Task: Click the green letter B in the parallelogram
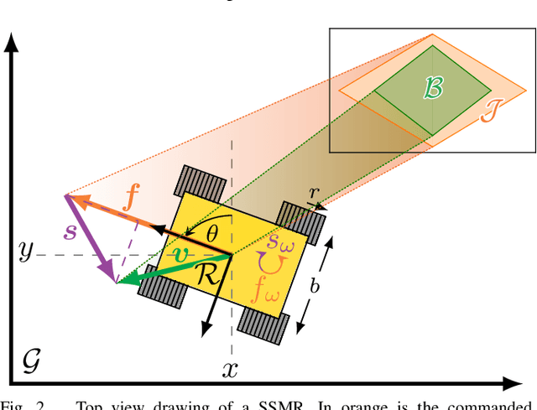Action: (x=433, y=90)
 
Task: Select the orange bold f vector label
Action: (x=131, y=199)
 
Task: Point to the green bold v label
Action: (x=180, y=252)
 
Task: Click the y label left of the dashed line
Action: (x=27, y=251)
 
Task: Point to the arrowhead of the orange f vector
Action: (x=70, y=198)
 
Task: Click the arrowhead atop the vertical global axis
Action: (x=12, y=40)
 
